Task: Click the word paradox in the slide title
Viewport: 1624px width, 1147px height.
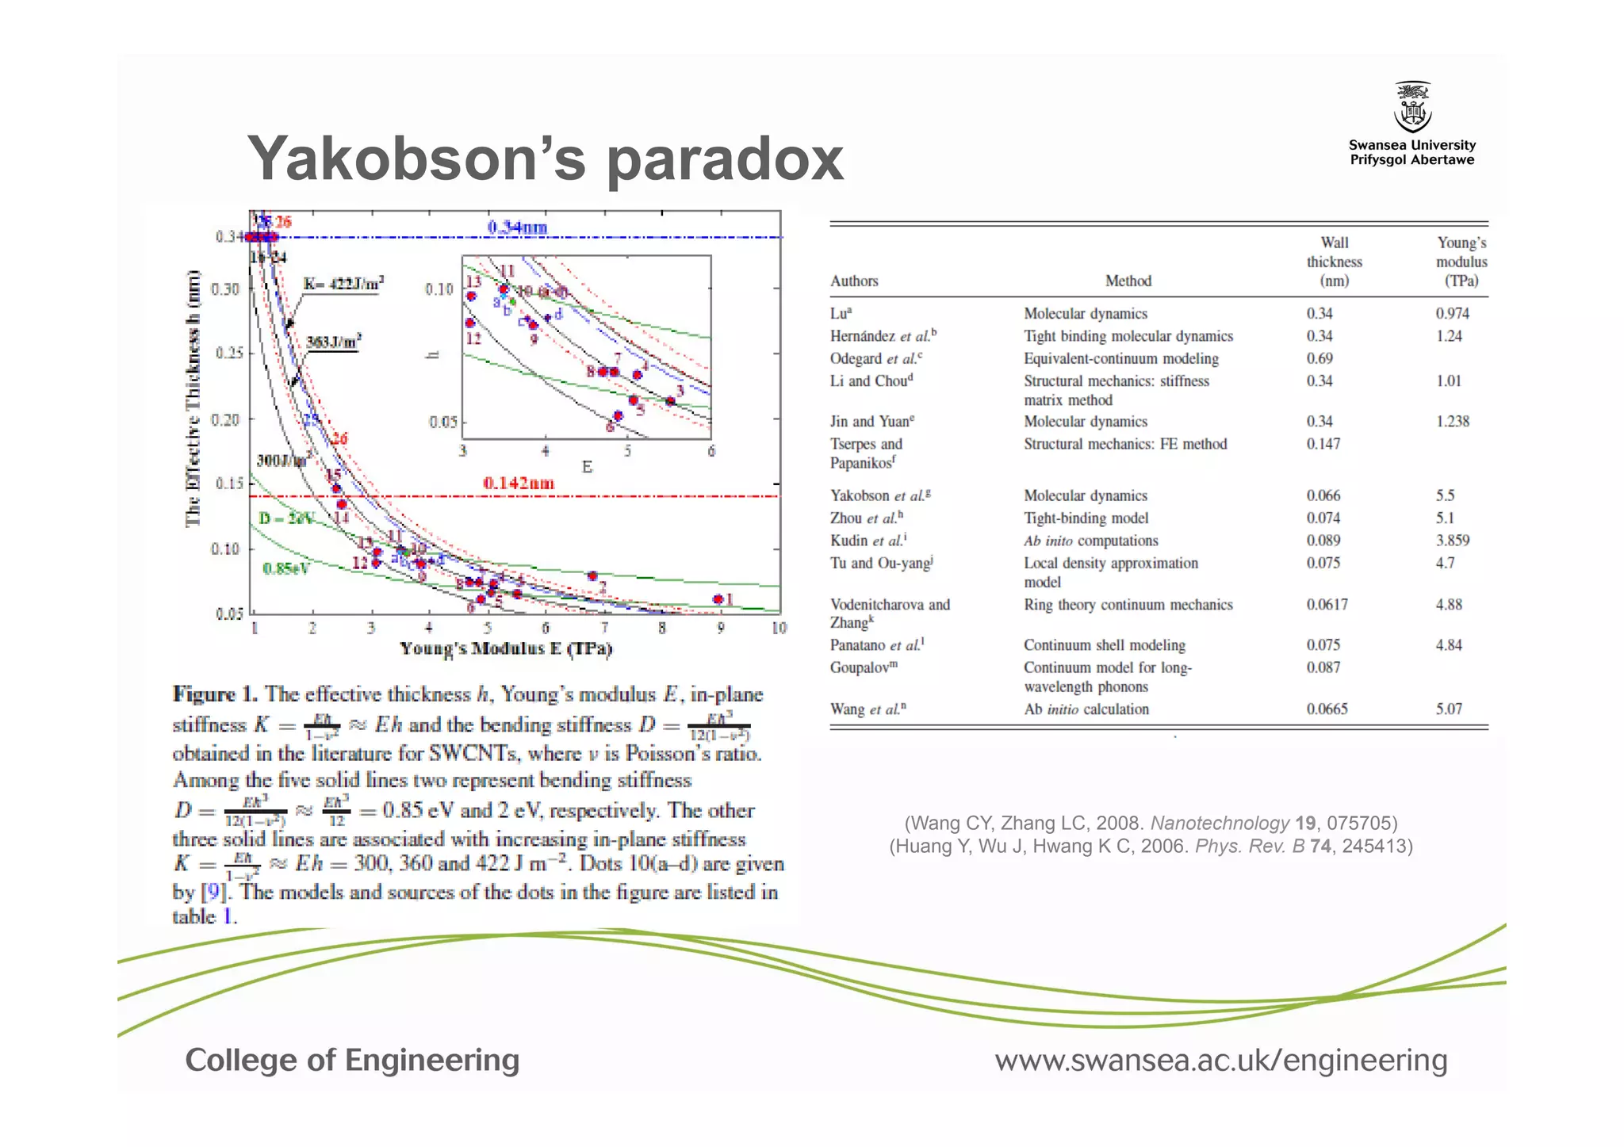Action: tap(725, 159)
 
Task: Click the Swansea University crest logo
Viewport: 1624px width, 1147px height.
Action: tap(1412, 108)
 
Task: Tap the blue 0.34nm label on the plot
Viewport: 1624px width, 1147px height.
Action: tap(517, 227)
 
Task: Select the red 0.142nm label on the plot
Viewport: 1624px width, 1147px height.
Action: tap(519, 483)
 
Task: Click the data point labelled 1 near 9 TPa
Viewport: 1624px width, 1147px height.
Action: tap(718, 599)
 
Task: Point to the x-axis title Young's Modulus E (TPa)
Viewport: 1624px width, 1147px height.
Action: tap(506, 648)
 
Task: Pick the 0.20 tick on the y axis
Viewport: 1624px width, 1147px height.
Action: tap(226, 419)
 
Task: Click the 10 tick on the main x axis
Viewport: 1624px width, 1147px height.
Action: tap(779, 628)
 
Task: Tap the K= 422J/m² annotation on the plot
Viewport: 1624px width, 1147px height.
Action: tap(343, 284)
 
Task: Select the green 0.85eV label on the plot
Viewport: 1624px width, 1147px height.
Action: tap(285, 568)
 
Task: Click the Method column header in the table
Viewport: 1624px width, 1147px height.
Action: tap(1128, 281)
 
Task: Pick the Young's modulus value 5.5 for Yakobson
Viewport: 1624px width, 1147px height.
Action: tap(1445, 495)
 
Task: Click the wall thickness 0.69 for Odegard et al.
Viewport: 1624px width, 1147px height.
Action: tap(1319, 358)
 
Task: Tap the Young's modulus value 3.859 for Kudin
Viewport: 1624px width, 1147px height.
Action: tap(1452, 541)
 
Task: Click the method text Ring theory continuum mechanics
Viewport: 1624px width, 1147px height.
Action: tap(1128, 605)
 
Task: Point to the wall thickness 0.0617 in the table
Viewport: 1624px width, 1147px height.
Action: tap(1327, 605)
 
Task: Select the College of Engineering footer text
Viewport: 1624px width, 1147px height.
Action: tap(352, 1060)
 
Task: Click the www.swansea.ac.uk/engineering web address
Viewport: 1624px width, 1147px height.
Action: tap(1221, 1060)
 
